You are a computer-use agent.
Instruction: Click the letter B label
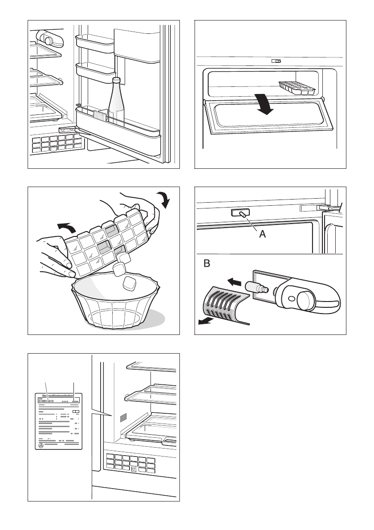[x=207, y=264]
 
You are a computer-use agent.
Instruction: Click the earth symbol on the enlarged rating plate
[x=41, y=444]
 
